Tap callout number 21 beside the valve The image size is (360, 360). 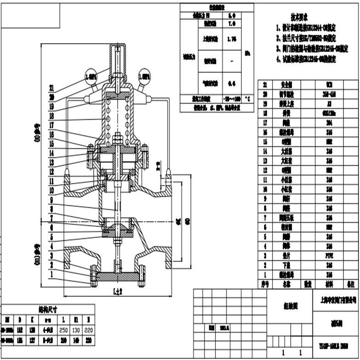coord(51,88)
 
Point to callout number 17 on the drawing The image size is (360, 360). coord(51,125)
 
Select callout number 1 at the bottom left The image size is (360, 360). coord(51,275)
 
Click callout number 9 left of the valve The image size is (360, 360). coord(51,200)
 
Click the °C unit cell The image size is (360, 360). coord(247,98)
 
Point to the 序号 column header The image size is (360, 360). coord(264,284)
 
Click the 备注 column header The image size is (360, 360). coord(351,284)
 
